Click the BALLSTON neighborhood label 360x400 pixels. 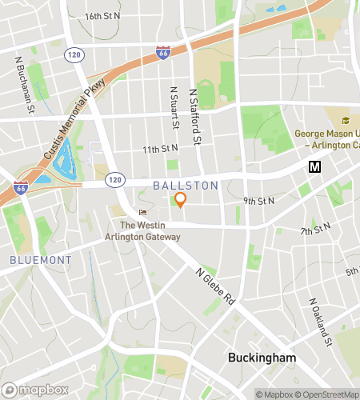tap(185, 186)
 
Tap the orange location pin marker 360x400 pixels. tap(181, 200)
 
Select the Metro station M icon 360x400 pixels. tap(315, 166)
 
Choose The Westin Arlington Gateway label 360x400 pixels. tap(142, 231)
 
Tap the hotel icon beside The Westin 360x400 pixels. tap(143, 212)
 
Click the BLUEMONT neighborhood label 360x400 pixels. tap(41, 260)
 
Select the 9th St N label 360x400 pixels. tap(259, 201)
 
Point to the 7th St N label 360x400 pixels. tap(316, 231)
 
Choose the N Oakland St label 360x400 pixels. tap(321, 323)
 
